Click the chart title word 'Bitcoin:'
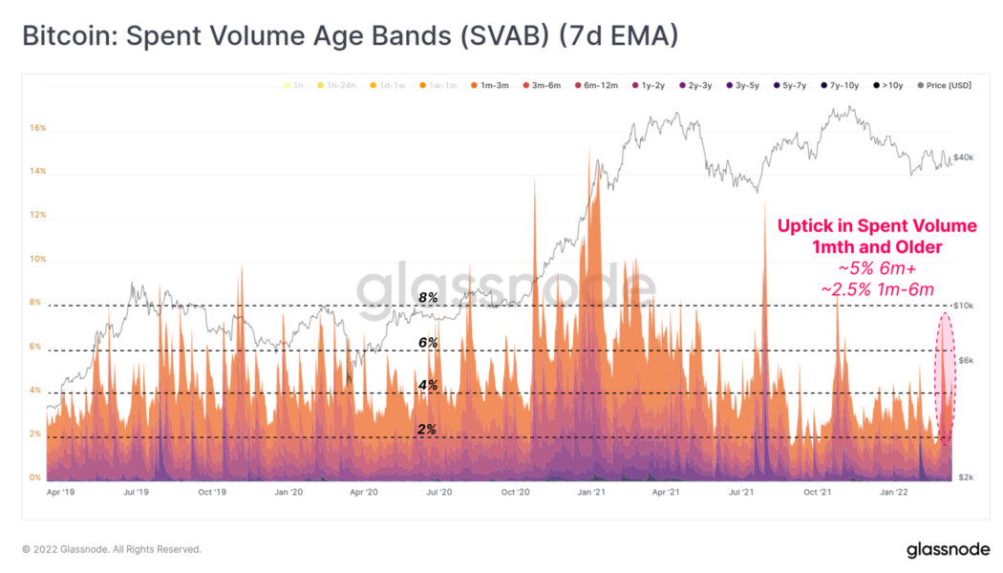(64, 37)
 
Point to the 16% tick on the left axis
(36, 128)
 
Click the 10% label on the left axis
(36, 259)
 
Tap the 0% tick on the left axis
(34, 477)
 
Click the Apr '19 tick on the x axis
(61, 493)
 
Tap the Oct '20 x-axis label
(515, 493)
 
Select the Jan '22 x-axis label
(893, 493)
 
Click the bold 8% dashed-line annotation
(427, 298)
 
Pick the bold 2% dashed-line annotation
(427, 430)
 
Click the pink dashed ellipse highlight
(946, 379)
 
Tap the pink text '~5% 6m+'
(877, 268)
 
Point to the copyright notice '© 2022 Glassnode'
(112, 549)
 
